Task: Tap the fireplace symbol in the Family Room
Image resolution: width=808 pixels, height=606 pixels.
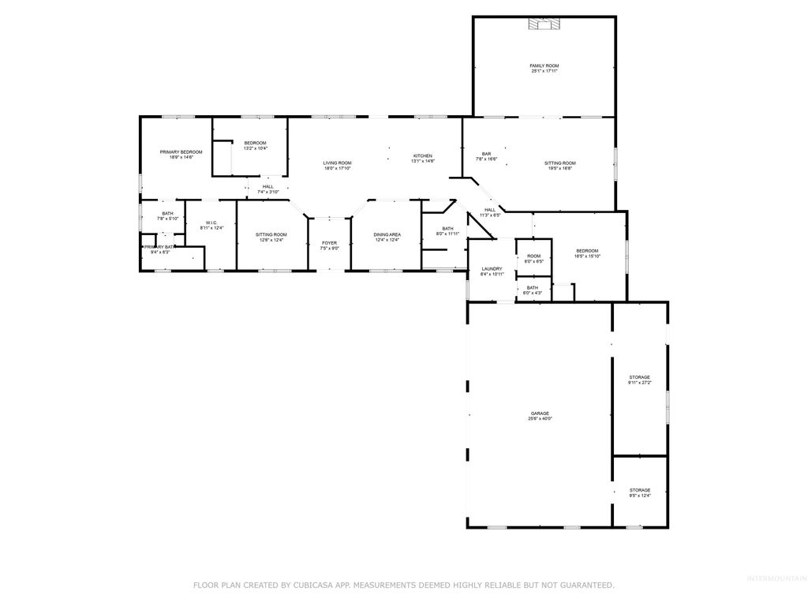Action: point(544,25)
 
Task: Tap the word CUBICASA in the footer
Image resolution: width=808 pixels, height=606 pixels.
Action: point(311,585)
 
